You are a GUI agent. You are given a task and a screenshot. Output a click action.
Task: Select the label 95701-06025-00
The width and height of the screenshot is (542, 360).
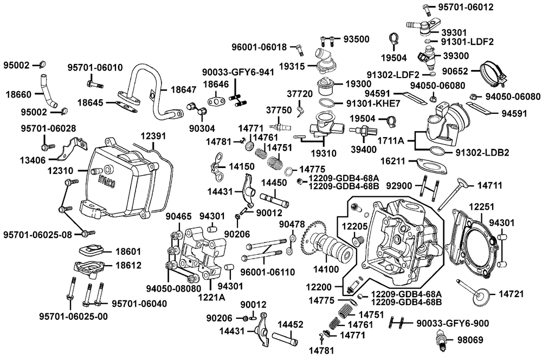click(74, 316)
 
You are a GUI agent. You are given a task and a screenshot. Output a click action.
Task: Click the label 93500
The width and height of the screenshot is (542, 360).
click(355, 38)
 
